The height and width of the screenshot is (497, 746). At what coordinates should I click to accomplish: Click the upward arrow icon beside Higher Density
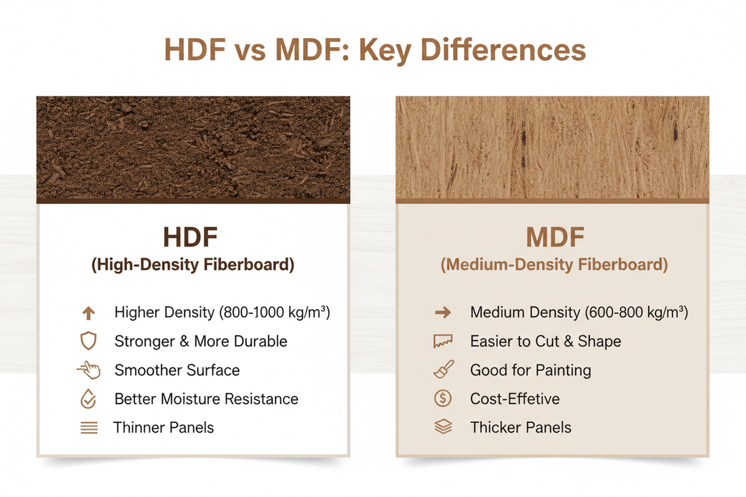88,313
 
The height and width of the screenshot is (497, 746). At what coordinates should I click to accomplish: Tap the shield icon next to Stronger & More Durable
88,341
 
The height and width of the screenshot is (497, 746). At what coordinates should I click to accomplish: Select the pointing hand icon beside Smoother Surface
89,370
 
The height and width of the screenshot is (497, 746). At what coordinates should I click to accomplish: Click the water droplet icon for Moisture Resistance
88,399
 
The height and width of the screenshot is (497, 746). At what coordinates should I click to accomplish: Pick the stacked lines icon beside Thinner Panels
89,428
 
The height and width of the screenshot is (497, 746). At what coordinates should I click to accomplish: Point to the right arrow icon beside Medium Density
443,313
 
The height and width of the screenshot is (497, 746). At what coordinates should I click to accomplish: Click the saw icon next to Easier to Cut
443,342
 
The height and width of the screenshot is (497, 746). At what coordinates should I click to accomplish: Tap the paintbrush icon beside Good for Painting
443,370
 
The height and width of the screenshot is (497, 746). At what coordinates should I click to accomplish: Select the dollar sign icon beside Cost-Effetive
443,399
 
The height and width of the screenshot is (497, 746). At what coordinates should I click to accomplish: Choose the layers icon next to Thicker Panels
443,427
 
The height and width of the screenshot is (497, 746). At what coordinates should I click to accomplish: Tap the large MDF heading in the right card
554,238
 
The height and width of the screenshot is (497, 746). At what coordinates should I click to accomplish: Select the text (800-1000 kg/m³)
274,313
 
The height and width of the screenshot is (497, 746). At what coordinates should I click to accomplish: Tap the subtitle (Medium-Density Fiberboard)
554,265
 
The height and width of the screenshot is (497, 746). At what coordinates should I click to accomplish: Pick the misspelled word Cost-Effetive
515,399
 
